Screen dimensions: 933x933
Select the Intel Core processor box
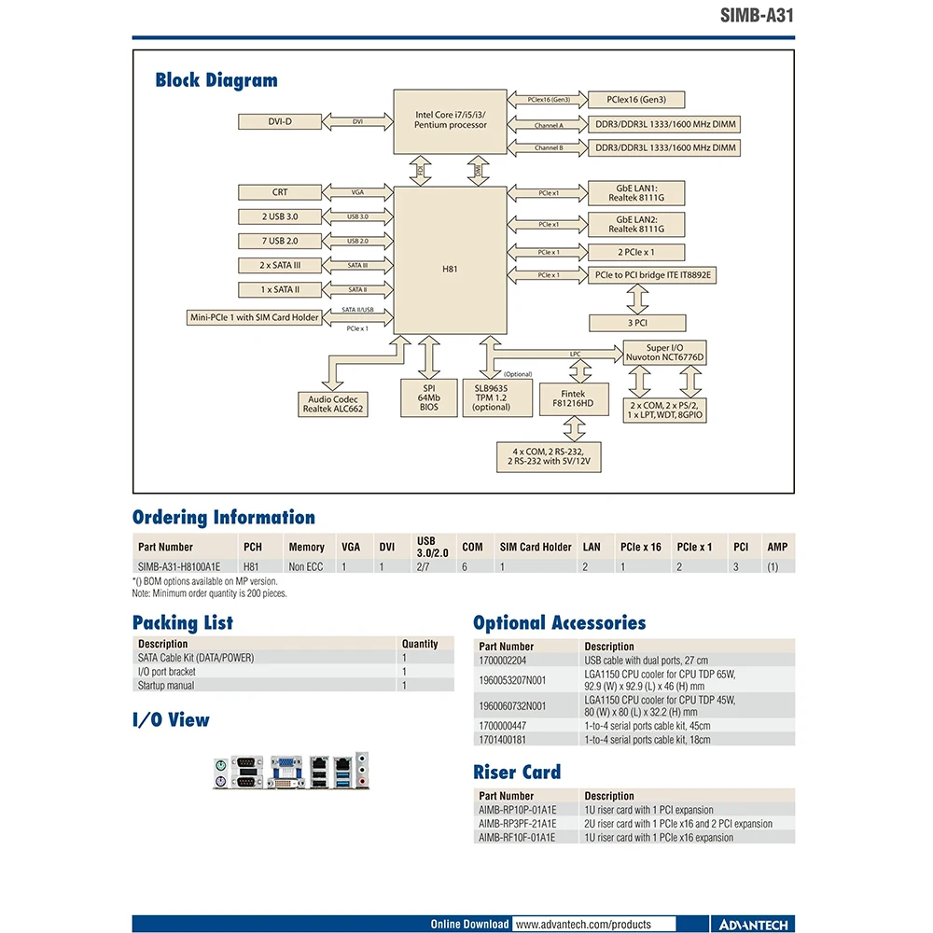click(x=451, y=120)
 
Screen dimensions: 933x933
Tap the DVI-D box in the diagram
click(x=280, y=121)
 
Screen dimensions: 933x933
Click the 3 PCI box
click(x=637, y=322)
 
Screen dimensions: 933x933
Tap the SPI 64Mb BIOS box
click(x=429, y=398)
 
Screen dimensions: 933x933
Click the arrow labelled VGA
click(x=358, y=192)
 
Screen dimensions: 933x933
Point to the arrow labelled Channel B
click(x=548, y=147)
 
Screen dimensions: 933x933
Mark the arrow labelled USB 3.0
click(x=358, y=216)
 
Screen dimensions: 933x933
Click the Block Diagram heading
click(x=216, y=80)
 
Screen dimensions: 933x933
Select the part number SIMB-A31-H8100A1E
click(x=179, y=566)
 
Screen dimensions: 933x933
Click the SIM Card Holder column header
click(x=536, y=547)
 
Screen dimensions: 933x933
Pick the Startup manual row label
click(x=166, y=686)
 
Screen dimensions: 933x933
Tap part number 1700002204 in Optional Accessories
click(x=507, y=660)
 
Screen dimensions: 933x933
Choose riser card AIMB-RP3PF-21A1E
click(x=517, y=824)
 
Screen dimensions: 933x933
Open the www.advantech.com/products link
click(x=583, y=924)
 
